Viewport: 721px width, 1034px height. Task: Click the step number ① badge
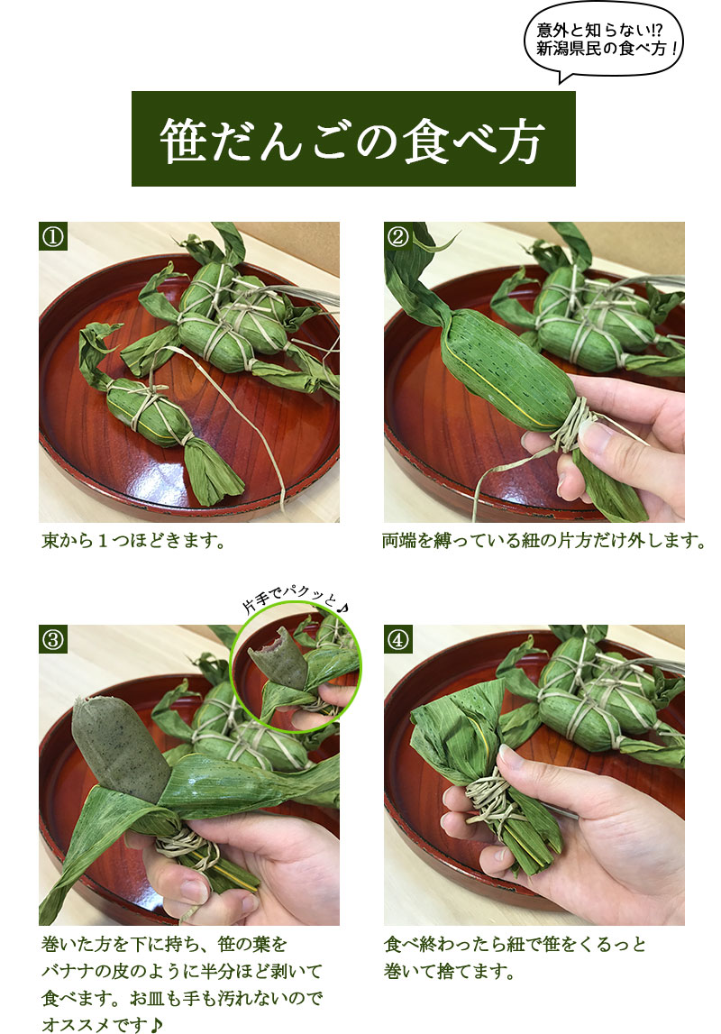click(x=53, y=236)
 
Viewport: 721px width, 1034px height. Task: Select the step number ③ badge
click(x=53, y=639)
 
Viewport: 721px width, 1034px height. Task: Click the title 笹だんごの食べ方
click(x=352, y=140)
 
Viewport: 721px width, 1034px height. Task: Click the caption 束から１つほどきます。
click(x=133, y=542)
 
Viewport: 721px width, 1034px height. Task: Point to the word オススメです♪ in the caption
click(x=102, y=1024)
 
